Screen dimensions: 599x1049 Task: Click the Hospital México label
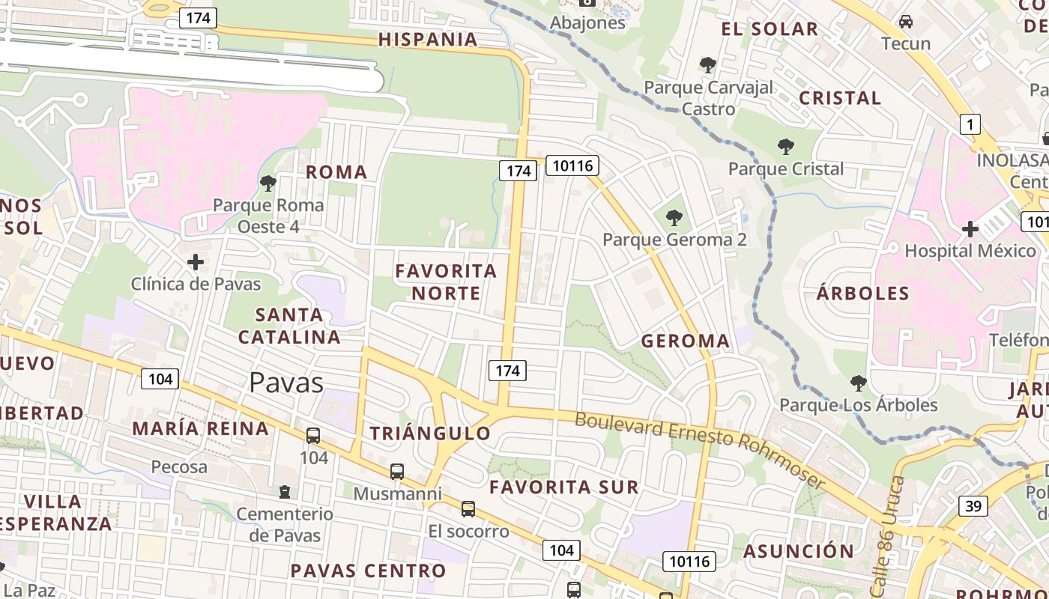tap(970, 251)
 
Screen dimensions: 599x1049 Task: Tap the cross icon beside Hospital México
tap(970, 228)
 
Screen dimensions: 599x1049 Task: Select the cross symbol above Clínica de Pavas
tap(196, 262)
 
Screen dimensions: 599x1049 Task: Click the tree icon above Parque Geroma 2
tap(674, 218)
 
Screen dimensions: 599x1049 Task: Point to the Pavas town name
tap(286, 383)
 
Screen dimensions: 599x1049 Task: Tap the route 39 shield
tap(973, 506)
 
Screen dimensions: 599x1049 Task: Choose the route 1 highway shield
tap(970, 124)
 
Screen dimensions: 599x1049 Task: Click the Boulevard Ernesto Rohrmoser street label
tap(700, 448)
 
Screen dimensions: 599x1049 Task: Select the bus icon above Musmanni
tap(397, 472)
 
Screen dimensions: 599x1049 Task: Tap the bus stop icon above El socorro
tap(468, 509)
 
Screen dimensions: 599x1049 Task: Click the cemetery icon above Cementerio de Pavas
tap(285, 492)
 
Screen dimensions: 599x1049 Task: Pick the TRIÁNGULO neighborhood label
tap(430, 433)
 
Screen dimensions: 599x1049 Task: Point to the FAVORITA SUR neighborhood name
tap(564, 487)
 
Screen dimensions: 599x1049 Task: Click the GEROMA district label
tap(685, 341)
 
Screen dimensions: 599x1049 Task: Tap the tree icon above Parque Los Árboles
tap(859, 384)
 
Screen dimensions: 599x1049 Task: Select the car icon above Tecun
tap(906, 21)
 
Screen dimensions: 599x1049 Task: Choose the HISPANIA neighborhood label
tap(428, 40)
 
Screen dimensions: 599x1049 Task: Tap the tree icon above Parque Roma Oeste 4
tap(267, 183)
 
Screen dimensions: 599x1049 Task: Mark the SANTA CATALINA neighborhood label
tap(290, 326)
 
